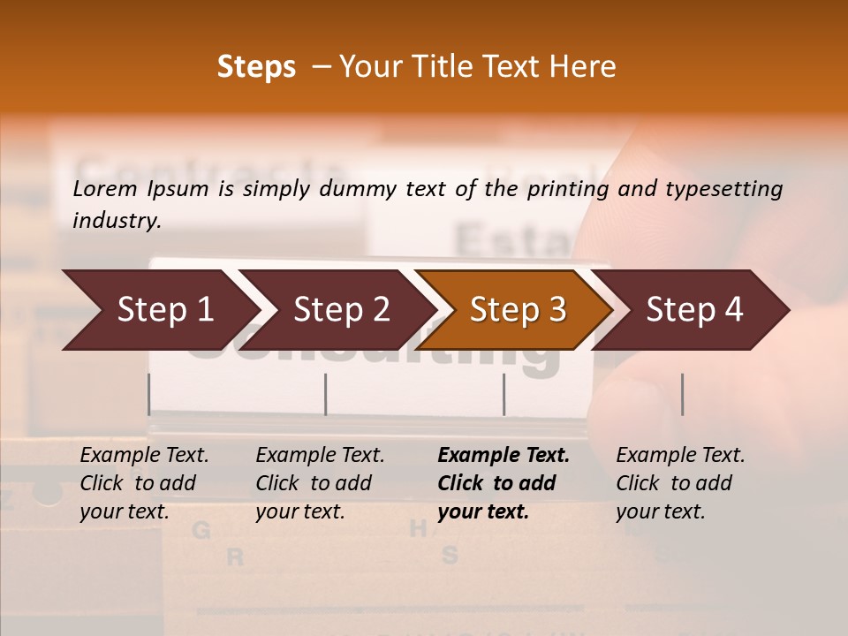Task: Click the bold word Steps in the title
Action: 256,67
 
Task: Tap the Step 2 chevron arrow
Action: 340,309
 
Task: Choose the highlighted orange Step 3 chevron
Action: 517,309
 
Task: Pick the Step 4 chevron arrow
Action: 693,309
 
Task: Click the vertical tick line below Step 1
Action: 149,394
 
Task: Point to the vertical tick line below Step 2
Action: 326,394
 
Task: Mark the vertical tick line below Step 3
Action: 503,394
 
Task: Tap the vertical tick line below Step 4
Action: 682,394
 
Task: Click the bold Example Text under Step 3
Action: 503,455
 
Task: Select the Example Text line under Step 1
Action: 144,455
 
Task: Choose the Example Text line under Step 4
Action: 680,455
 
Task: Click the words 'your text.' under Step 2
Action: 300,511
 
